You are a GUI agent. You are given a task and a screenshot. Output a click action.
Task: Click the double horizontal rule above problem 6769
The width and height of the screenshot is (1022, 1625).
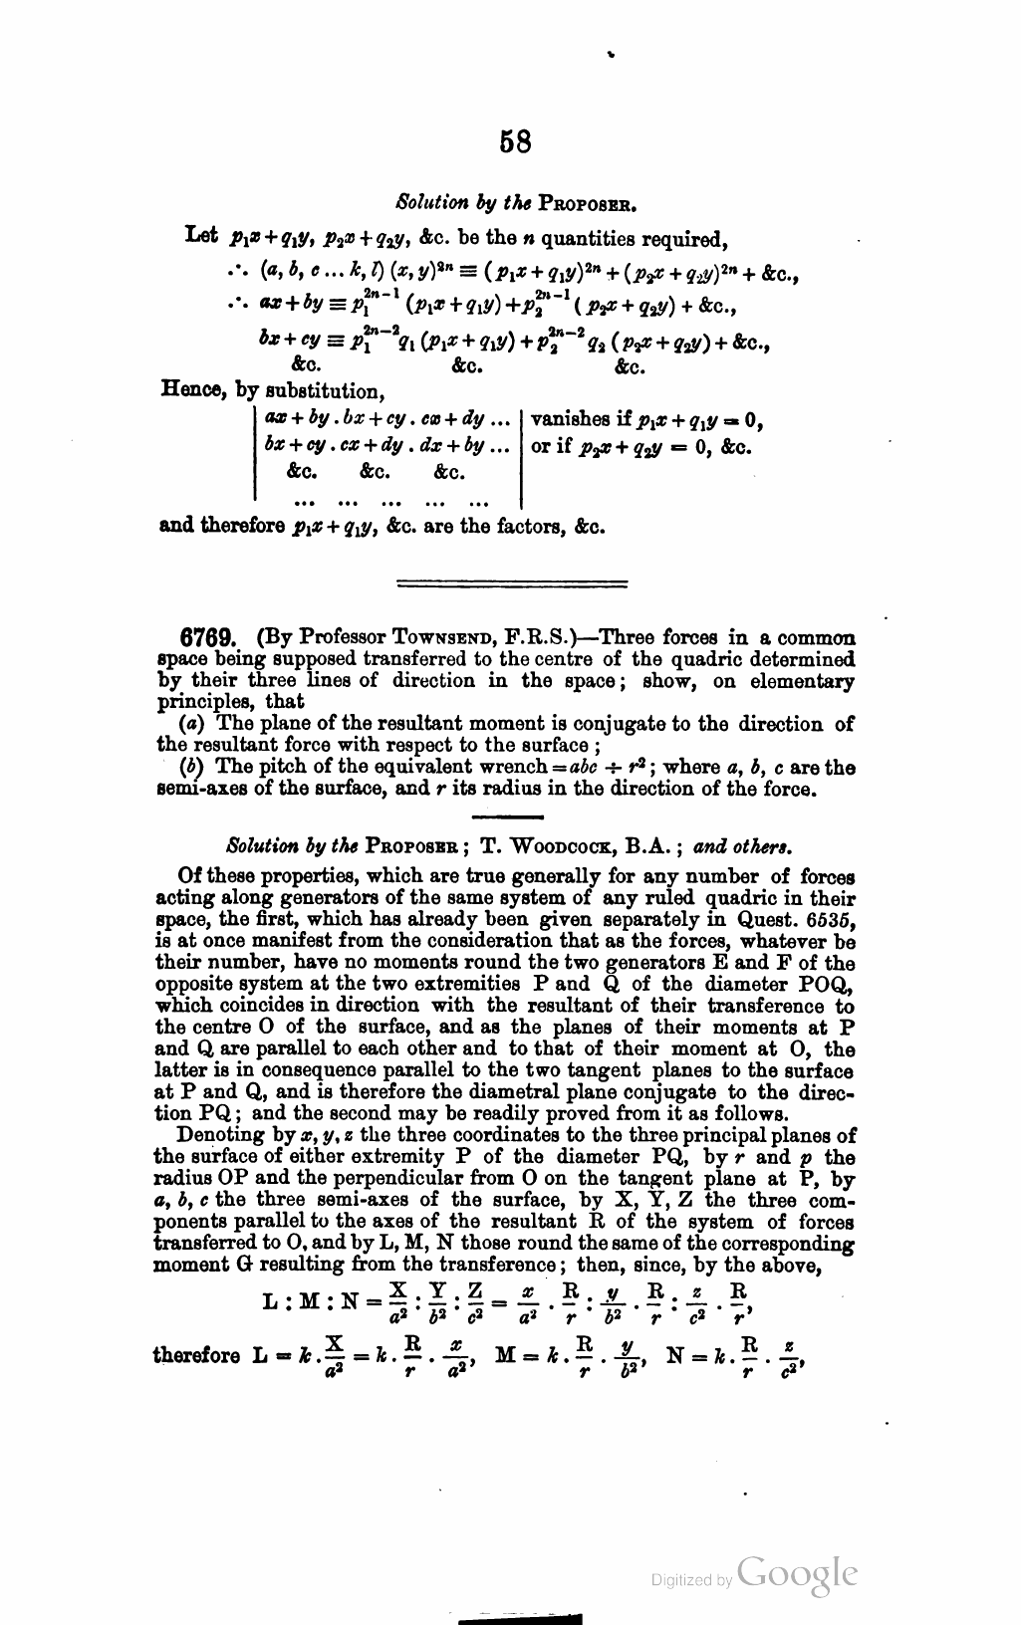point(512,581)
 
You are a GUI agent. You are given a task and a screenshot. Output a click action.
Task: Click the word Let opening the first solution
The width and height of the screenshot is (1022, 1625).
point(201,237)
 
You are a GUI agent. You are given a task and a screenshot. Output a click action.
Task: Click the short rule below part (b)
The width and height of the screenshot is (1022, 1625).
point(511,816)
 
